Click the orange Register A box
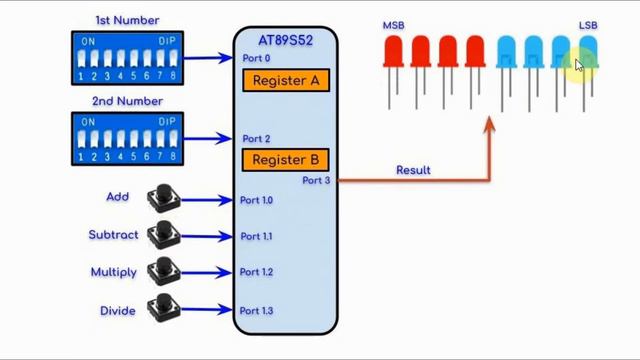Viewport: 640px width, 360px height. point(285,80)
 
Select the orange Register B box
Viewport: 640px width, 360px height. point(285,159)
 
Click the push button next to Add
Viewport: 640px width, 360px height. point(160,199)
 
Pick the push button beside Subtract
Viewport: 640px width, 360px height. point(160,235)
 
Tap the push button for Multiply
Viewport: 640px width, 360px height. point(160,272)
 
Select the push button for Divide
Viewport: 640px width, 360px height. point(160,310)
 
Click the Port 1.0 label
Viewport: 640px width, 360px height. point(256,200)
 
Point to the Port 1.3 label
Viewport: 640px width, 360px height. point(256,311)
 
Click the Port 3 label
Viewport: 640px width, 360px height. point(315,181)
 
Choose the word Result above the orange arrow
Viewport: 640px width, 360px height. point(413,170)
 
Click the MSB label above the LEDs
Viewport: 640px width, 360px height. point(393,25)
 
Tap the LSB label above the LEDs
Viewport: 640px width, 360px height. point(588,25)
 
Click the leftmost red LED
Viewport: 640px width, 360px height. point(393,52)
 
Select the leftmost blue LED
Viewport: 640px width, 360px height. point(506,52)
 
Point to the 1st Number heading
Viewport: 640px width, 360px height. point(126,20)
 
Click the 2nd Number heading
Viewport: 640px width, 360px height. point(126,101)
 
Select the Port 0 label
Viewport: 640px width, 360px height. point(256,58)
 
